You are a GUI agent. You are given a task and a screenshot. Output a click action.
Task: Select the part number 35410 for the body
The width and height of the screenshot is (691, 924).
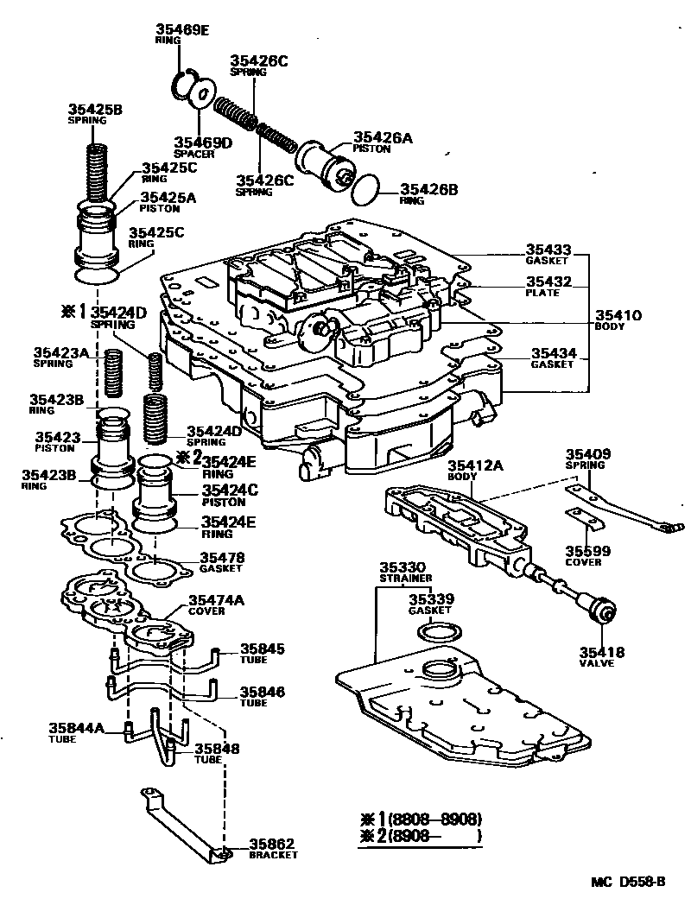click(x=618, y=316)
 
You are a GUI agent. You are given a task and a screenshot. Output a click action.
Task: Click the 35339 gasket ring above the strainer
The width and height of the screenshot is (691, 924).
click(x=438, y=633)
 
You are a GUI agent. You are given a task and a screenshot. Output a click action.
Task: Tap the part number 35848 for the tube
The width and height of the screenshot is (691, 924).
click(x=219, y=749)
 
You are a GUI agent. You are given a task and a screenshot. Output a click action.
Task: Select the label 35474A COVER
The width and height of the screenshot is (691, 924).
click(x=217, y=604)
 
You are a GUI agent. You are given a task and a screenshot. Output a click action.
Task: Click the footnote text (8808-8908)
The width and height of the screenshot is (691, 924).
click(x=434, y=819)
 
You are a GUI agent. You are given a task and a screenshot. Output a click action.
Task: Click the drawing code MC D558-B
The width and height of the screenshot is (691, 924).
click(x=628, y=882)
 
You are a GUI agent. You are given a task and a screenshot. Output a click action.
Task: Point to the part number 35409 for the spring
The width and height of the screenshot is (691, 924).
click(x=587, y=454)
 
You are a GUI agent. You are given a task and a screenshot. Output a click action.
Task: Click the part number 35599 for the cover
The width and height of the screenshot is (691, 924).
click(x=587, y=550)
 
